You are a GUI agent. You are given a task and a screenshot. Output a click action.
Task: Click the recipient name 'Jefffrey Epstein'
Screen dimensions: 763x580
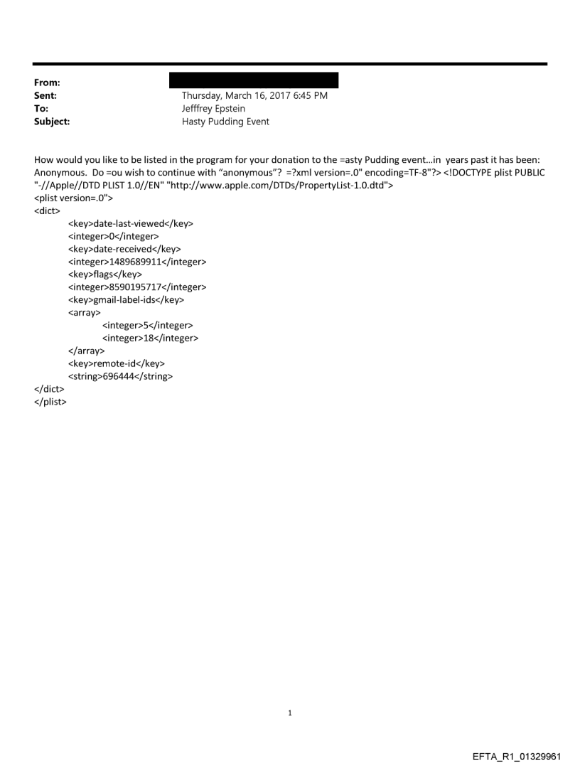click(213, 109)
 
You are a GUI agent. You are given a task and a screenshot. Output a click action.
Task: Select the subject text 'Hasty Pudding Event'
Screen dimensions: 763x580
click(225, 122)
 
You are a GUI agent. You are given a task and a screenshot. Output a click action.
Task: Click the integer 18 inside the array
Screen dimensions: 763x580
click(150, 338)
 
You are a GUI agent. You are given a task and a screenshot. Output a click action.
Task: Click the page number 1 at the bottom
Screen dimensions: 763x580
click(290, 713)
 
